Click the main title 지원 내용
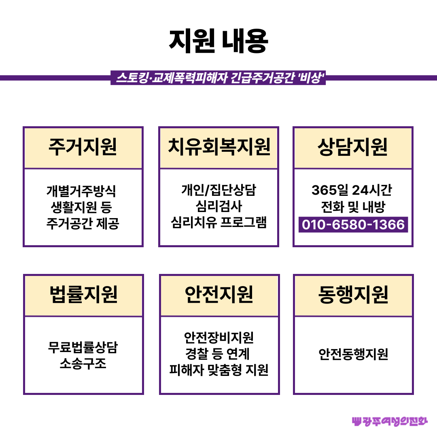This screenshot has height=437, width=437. click(x=218, y=41)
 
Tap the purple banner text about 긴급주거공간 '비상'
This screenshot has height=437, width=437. click(x=220, y=78)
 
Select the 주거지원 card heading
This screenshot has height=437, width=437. click(x=83, y=147)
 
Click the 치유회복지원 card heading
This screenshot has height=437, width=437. click(x=219, y=146)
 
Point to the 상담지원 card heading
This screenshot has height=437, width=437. click(x=352, y=147)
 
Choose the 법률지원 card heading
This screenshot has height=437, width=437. click(x=83, y=294)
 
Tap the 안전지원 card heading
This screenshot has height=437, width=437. click(x=219, y=294)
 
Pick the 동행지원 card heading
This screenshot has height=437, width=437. click(x=353, y=294)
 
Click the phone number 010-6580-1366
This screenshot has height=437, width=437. click(x=353, y=225)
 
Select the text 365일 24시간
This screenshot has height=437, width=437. click(x=352, y=190)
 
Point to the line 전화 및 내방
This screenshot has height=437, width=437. click(x=353, y=207)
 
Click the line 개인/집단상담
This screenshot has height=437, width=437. click(x=219, y=190)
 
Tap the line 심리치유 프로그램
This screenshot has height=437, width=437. click(x=219, y=223)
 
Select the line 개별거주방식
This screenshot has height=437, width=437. click(x=81, y=191)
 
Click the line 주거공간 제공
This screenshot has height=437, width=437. click(x=83, y=223)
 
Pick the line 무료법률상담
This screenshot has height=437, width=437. click(x=83, y=347)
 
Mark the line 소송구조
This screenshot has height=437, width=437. click(x=83, y=363)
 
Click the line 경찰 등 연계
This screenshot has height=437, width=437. click(x=217, y=354)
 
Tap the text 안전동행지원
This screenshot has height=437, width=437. click(x=353, y=354)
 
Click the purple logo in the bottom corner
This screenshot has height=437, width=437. click(x=390, y=421)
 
